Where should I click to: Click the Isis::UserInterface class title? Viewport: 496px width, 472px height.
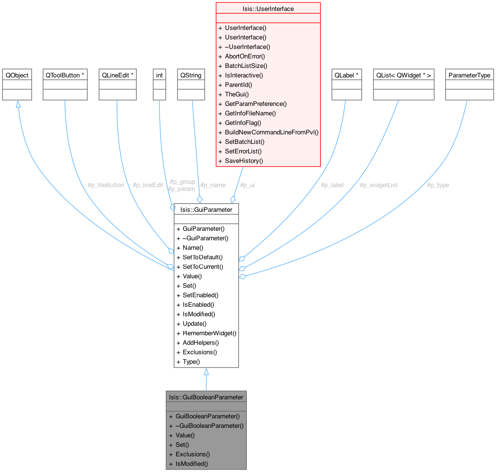268,9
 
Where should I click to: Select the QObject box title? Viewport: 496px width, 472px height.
17,75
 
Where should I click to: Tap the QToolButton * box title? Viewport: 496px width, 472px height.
65,75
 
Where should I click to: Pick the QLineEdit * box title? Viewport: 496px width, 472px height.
117,75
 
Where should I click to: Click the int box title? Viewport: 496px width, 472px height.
159,75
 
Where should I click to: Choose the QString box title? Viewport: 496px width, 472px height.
191,75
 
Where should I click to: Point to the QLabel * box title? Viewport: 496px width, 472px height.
346,75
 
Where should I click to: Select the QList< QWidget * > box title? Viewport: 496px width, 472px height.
403,75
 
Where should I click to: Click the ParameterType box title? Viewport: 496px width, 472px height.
469,75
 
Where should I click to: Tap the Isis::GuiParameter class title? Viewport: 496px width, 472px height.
206,209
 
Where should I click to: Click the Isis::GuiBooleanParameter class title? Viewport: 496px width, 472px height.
206,397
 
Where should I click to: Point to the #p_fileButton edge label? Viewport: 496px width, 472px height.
106,185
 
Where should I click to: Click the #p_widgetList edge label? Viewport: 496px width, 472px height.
379,185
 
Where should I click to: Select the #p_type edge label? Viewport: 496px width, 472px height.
438,185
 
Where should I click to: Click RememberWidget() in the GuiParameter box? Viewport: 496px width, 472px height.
209,333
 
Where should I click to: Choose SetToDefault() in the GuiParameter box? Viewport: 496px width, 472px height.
203,257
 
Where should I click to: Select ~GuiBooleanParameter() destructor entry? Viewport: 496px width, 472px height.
209,425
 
